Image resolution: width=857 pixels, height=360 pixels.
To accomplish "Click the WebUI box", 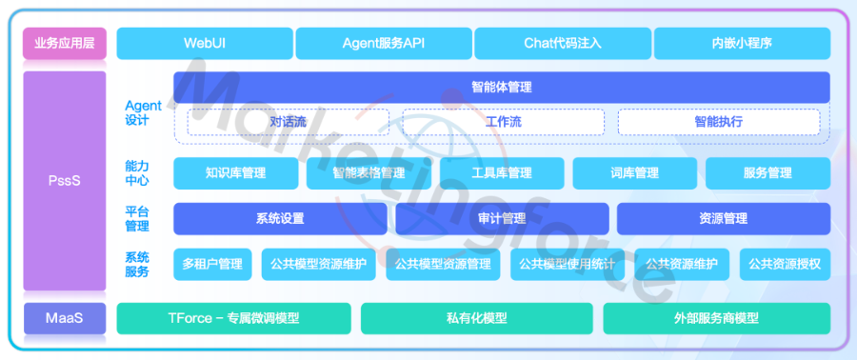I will click(x=204, y=43).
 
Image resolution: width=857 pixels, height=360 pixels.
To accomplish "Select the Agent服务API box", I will click(x=383, y=43).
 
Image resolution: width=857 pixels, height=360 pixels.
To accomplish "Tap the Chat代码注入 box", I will click(x=562, y=43).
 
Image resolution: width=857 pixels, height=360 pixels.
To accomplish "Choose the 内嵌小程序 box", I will click(x=741, y=43).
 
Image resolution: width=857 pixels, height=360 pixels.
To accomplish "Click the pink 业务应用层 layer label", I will click(x=64, y=43).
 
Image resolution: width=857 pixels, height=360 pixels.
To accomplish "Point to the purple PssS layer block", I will click(x=64, y=180).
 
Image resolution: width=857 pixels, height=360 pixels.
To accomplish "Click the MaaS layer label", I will click(x=64, y=318).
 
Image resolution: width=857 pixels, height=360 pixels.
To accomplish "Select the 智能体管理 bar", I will click(x=501, y=87).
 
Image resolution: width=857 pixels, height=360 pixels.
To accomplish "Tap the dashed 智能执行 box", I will click(x=718, y=122).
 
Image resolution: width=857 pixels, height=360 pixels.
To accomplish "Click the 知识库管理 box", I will click(x=235, y=173).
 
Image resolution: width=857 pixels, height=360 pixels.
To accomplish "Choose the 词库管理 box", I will click(x=634, y=173).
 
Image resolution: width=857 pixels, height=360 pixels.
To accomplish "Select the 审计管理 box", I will click(x=501, y=218).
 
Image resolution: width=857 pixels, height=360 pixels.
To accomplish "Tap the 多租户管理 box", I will click(x=212, y=264).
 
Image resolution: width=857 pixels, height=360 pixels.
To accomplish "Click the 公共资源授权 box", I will click(x=785, y=264).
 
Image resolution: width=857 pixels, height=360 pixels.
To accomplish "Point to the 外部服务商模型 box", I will click(x=716, y=318).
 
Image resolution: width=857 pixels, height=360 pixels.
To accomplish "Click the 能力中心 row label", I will click(x=137, y=172).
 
